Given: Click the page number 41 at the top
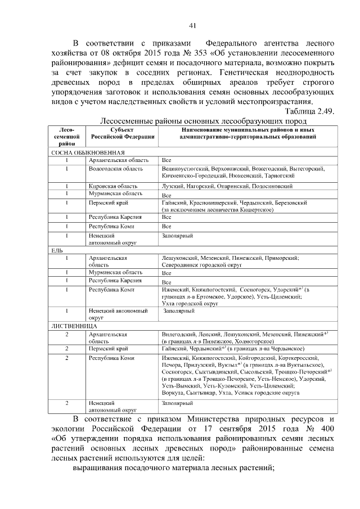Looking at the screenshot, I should coord(192,25).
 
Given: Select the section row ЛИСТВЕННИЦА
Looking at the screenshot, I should coord(75,326).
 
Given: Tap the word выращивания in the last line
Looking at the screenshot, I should coord(100,469).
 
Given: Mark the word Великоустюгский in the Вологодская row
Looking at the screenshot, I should coord(184,168).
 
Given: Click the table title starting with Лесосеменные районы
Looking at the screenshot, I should coord(202,121).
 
